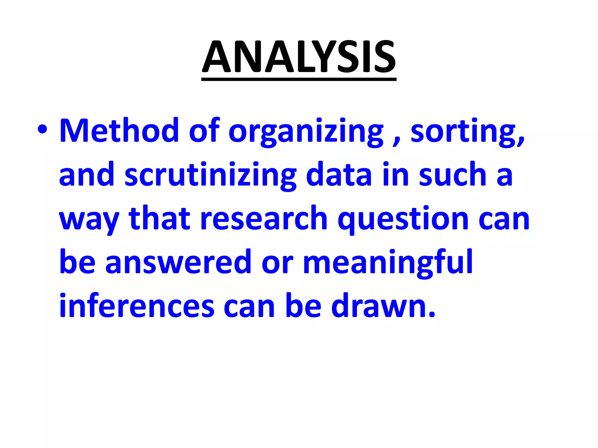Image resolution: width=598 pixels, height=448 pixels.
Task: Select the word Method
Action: (x=119, y=130)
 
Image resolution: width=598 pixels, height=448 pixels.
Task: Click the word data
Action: (x=339, y=174)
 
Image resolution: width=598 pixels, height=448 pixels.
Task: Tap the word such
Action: (x=453, y=174)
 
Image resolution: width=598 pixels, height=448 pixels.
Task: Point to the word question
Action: (x=403, y=219)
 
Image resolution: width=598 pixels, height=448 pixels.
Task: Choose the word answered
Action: (x=178, y=262)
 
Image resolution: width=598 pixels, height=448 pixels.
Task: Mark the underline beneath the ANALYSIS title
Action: (x=299, y=79)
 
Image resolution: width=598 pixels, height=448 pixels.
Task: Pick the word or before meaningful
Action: (x=277, y=264)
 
